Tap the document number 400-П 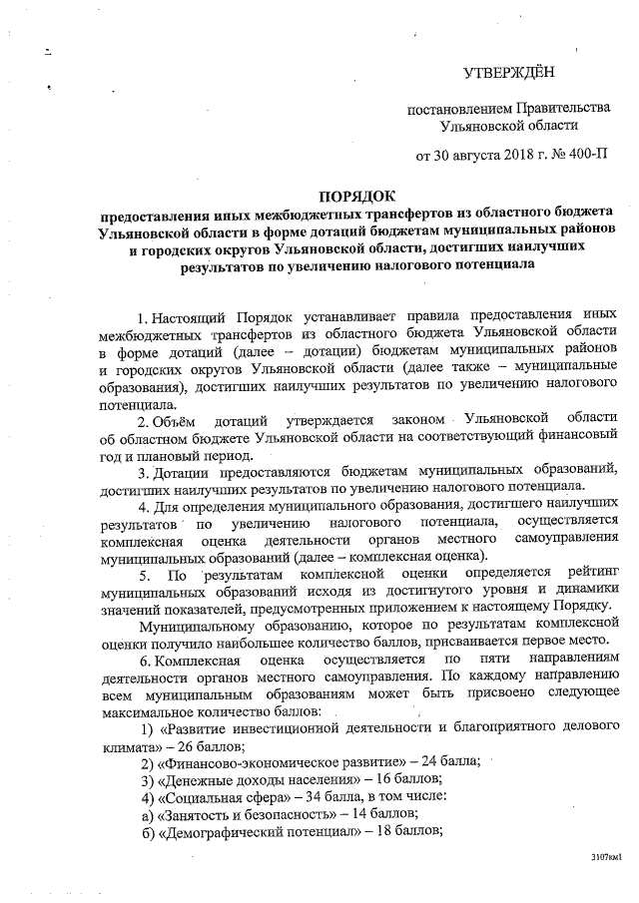[x=582, y=157]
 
